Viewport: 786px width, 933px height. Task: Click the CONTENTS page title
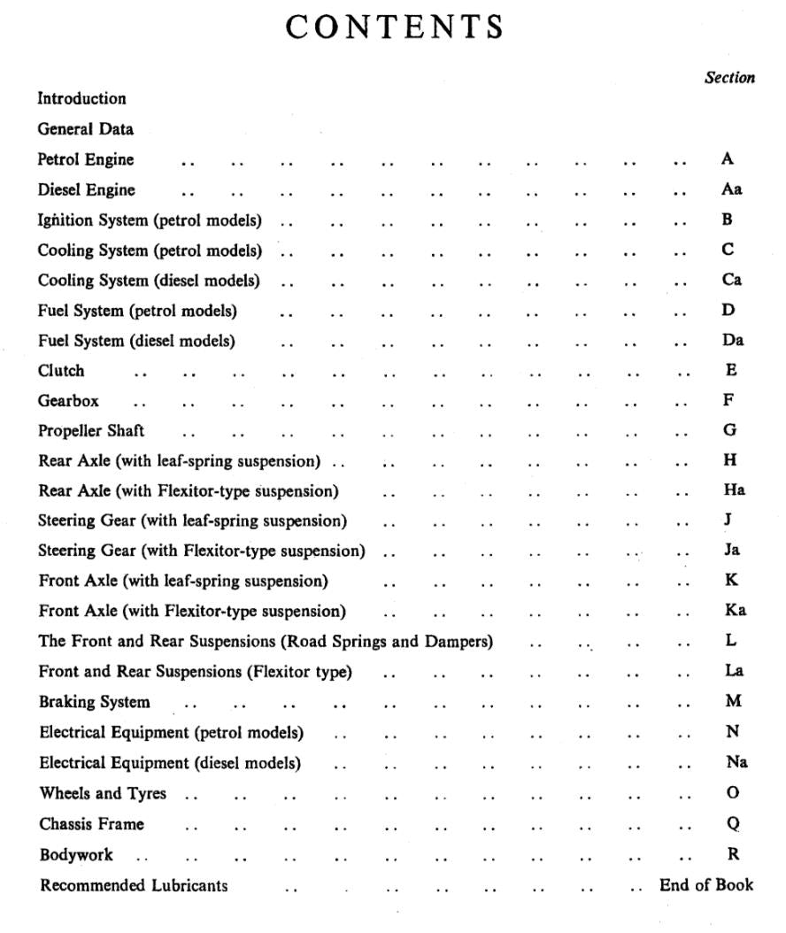point(395,27)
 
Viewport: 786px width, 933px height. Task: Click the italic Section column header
point(729,78)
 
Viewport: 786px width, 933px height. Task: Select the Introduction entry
point(81,98)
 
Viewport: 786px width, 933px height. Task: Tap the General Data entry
point(85,129)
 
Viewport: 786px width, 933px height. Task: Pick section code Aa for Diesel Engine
point(731,189)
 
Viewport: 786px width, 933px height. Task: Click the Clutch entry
point(61,371)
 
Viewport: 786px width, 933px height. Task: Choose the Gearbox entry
point(68,401)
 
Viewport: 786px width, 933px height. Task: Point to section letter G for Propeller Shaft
point(729,430)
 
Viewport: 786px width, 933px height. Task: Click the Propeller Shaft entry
point(90,431)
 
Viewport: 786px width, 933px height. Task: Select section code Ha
point(734,490)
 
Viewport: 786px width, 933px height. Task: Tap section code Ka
point(735,610)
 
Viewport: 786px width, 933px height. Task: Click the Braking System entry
point(94,702)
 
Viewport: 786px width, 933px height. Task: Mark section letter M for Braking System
point(732,701)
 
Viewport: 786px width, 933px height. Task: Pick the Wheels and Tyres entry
point(103,793)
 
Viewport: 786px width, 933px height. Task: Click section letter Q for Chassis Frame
point(733,823)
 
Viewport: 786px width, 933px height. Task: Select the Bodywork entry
point(76,855)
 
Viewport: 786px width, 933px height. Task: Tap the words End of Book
point(706,884)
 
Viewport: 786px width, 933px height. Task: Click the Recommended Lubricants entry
point(134,885)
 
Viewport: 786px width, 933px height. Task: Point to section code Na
point(736,762)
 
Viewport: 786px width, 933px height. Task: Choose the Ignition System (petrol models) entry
point(150,220)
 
